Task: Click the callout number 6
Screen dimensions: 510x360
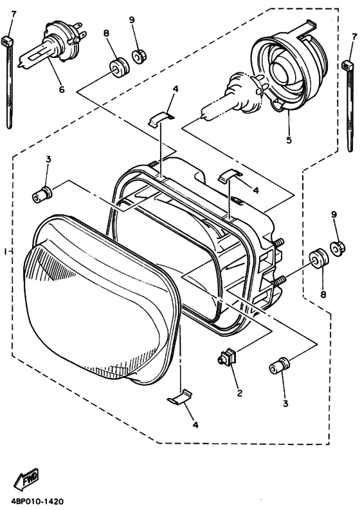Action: [x=62, y=90]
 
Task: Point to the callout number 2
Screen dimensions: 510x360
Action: [x=239, y=393]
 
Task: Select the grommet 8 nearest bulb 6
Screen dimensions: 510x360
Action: [x=116, y=66]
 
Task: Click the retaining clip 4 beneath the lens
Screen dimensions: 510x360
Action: [x=180, y=397]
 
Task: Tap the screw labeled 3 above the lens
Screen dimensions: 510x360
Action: [x=43, y=193]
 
